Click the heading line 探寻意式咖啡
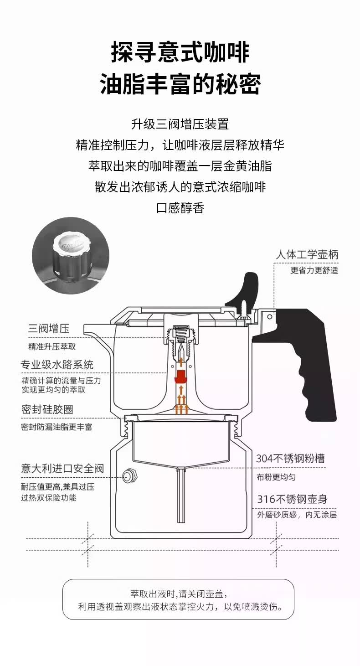[x=180, y=52]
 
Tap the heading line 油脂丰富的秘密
[x=180, y=84]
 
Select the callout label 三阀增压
[x=49, y=328]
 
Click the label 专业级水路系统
[x=57, y=365]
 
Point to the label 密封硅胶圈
[x=47, y=409]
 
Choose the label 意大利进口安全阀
[x=62, y=468]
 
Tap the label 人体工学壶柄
[x=307, y=254]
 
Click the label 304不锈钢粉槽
[x=290, y=458]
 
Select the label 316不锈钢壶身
[x=292, y=499]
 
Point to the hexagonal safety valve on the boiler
[x=129, y=476]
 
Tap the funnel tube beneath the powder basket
[x=181, y=495]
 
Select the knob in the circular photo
[x=72, y=255]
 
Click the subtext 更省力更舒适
[x=314, y=270]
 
